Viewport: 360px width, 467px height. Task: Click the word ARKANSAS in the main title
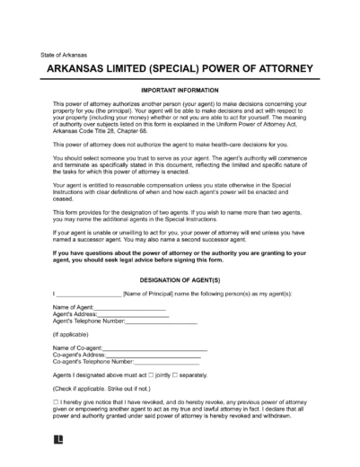pos(84,71)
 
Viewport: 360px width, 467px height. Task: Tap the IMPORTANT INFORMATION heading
pos(180,92)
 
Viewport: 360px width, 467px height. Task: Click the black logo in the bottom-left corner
pos(58,454)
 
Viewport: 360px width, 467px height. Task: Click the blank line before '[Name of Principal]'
pos(90,294)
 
